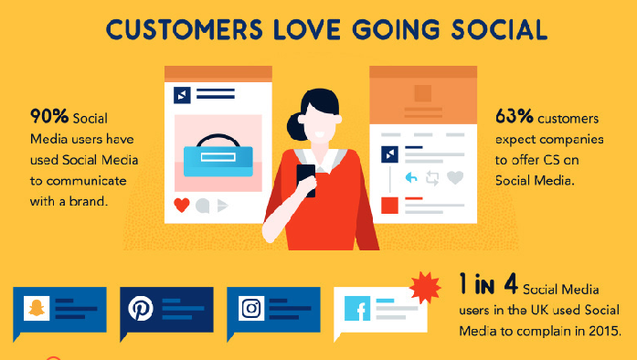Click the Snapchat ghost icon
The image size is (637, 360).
(x=37, y=309)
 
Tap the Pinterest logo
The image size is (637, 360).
(x=142, y=309)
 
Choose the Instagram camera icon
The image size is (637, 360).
(x=251, y=309)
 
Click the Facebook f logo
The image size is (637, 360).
(x=357, y=310)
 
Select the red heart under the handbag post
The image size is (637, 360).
(x=181, y=205)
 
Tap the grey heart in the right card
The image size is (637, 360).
(x=454, y=177)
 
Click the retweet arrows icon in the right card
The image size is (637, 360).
(x=432, y=177)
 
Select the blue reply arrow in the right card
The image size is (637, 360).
(x=411, y=177)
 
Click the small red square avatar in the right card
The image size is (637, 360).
(x=389, y=205)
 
